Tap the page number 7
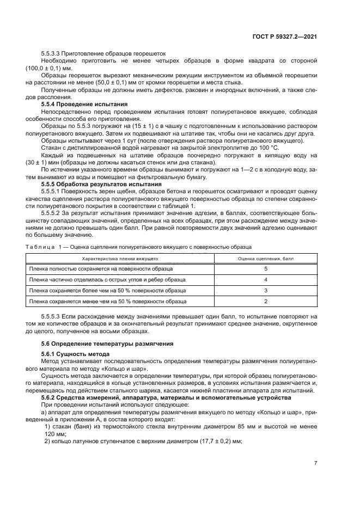point(315,463)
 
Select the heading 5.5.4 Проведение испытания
point(84,103)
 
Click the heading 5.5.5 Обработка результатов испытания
point(102,185)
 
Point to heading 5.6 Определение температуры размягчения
point(107,344)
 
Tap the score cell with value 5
point(266,269)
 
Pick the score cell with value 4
point(266,280)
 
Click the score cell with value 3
point(266,290)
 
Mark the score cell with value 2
point(266,301)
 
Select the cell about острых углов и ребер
point(107,280)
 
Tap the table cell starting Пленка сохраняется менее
point(108,301)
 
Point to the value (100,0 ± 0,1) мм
point(48,69)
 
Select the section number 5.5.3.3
point(53,54)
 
